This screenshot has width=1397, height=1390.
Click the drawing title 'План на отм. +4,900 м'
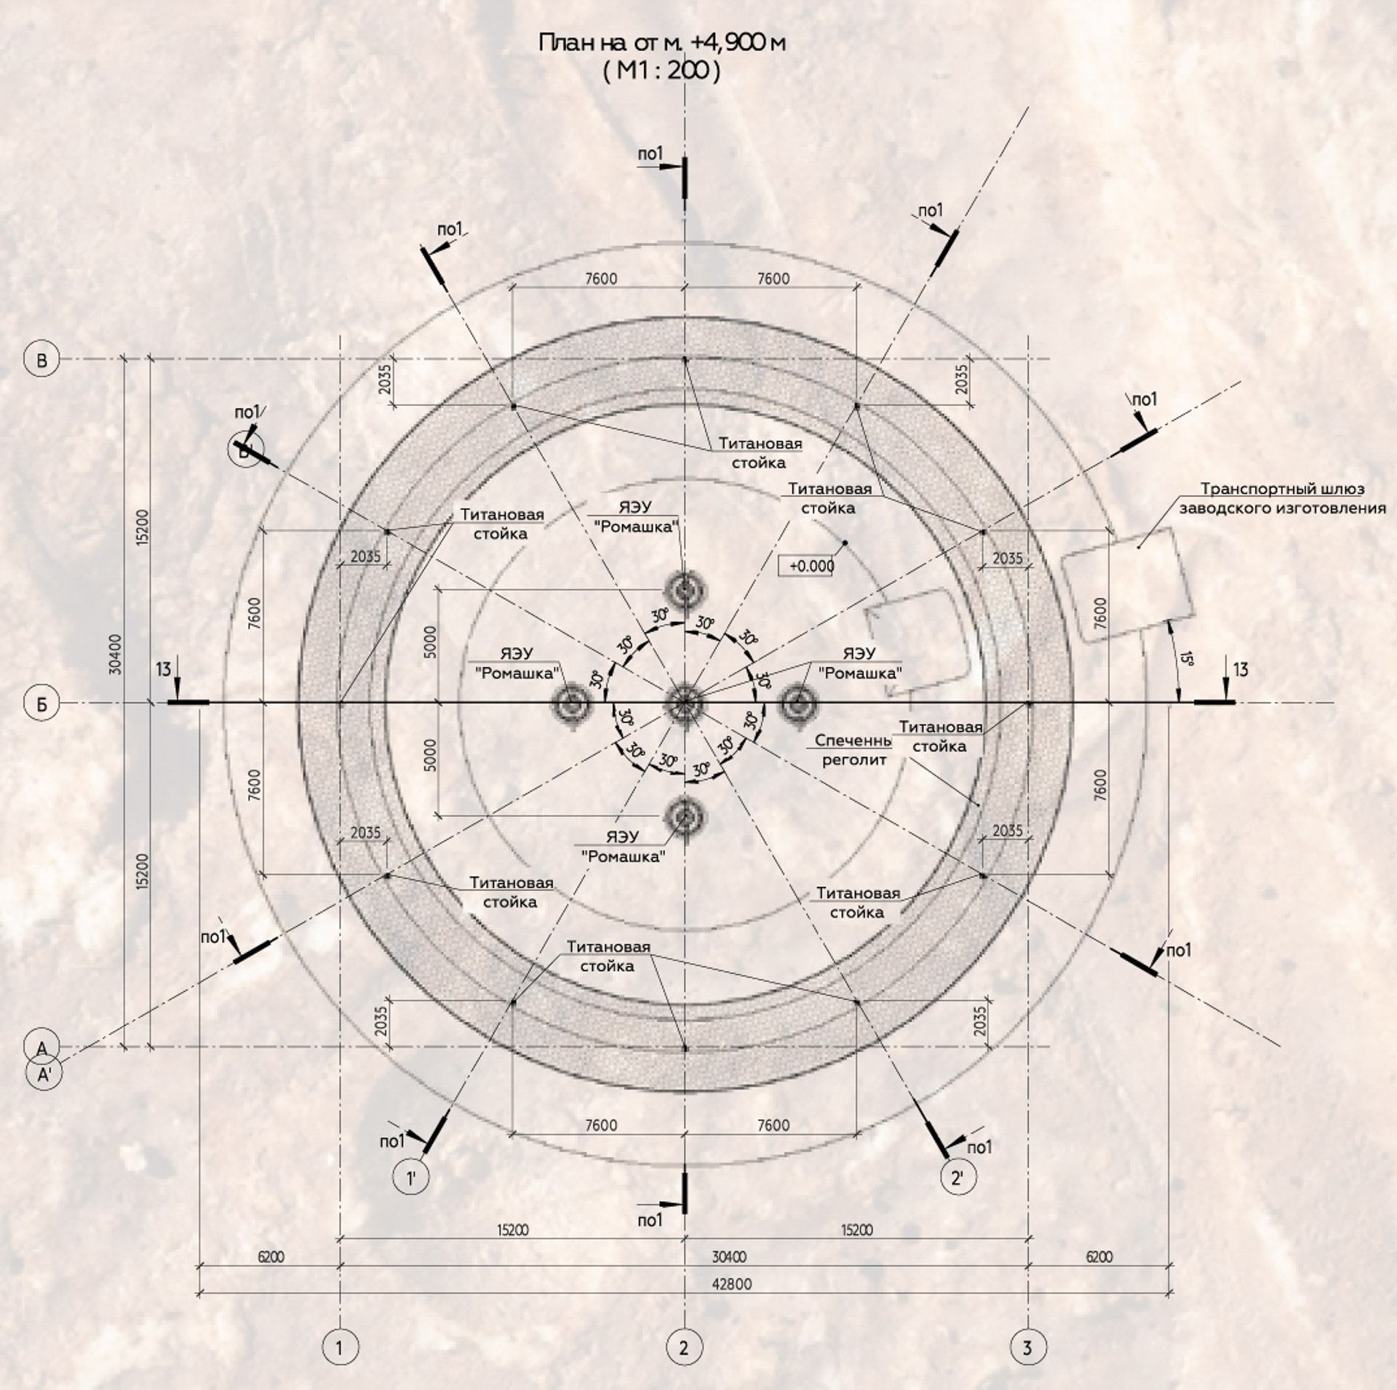662,44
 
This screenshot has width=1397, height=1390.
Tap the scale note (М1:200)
661,72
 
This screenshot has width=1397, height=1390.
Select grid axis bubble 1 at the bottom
340,1348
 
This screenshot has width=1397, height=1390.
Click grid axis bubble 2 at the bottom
684,1348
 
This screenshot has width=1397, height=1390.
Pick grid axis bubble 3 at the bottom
1027,1348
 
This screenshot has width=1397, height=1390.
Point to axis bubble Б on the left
42,704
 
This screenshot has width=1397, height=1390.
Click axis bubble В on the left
42,360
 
